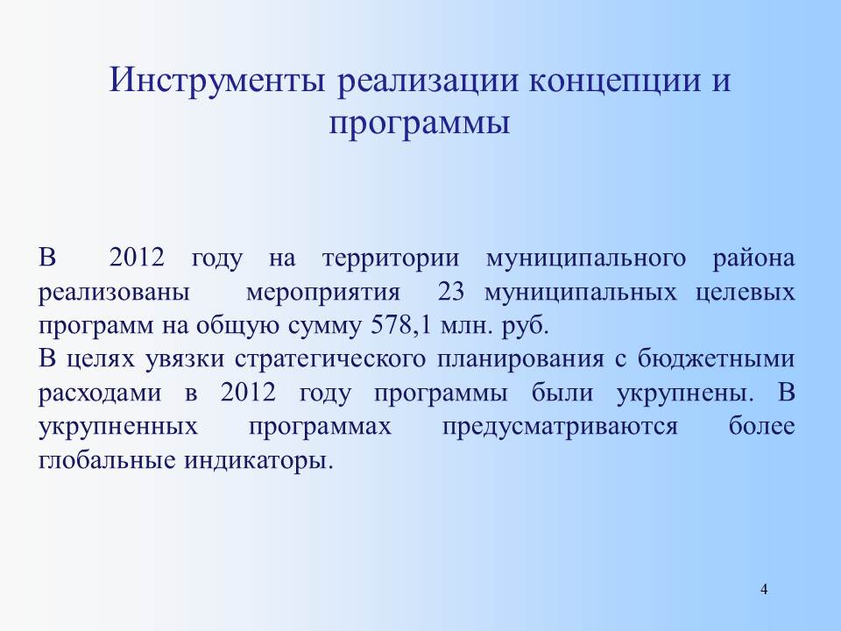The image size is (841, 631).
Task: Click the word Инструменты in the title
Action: point(217,81)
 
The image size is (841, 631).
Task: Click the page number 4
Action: point(764,589)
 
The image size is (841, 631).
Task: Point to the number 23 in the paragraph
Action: point(451,293)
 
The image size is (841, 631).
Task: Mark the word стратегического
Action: point(330,360)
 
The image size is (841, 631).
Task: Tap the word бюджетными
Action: point(716,359)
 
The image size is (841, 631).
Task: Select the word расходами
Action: point(100,394)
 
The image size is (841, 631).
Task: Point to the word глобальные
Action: point(107,460)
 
